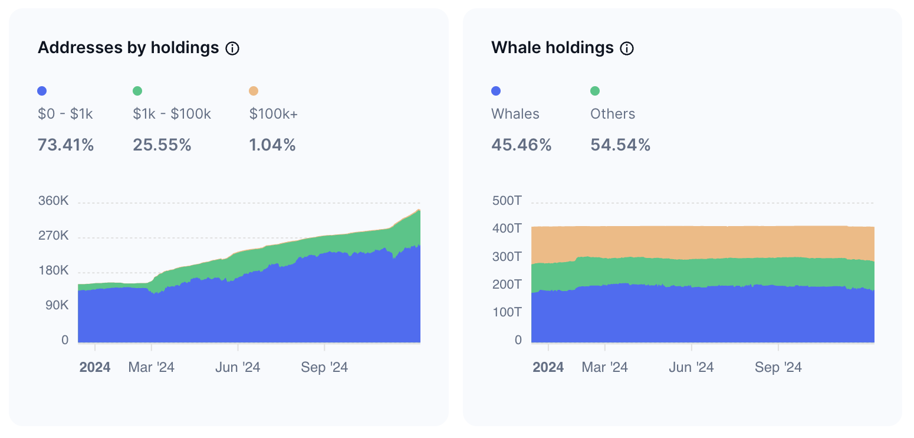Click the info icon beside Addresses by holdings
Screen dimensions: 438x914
[232, 48]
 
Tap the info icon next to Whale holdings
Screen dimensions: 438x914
[627, 48]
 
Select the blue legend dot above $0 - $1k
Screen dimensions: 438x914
[42, 91]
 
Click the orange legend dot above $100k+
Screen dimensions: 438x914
[254, 91]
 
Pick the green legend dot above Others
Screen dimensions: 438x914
[595, 91]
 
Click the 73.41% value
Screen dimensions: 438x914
[65, 145]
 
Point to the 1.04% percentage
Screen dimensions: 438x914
[272, 145]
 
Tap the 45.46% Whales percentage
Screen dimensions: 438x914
[521, 145]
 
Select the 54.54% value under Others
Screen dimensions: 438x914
[620, 145]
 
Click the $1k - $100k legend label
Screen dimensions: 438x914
[172, 114]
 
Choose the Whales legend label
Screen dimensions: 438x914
[515, 114]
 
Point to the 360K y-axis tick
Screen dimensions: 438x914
[53, 201]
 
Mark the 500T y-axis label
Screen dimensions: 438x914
[507, 201]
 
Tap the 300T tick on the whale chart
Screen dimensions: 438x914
[507, 257]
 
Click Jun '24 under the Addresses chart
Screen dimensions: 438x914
[238, 367]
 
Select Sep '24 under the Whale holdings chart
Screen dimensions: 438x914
[778, 367]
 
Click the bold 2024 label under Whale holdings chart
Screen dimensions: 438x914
[548, 367]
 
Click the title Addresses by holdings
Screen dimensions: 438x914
[129, 48]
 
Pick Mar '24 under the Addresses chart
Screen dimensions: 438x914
[152, 367]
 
